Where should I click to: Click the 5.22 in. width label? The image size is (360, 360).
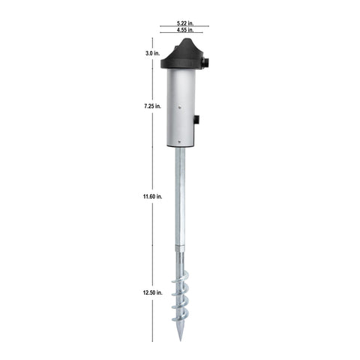coord(185,23)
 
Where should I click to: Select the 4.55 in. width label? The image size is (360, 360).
coord(185,30)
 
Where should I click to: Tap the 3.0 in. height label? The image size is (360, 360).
coord(152,53)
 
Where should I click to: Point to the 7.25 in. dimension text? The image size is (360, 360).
coord(152,106)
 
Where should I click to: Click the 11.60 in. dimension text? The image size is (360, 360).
coord(152,196)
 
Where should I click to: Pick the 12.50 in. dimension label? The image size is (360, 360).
coord(152,292)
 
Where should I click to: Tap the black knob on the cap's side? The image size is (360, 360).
coord(206,62)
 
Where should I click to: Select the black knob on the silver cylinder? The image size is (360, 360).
coord(196,119)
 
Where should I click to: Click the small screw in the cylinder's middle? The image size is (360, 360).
coord(179,107)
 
